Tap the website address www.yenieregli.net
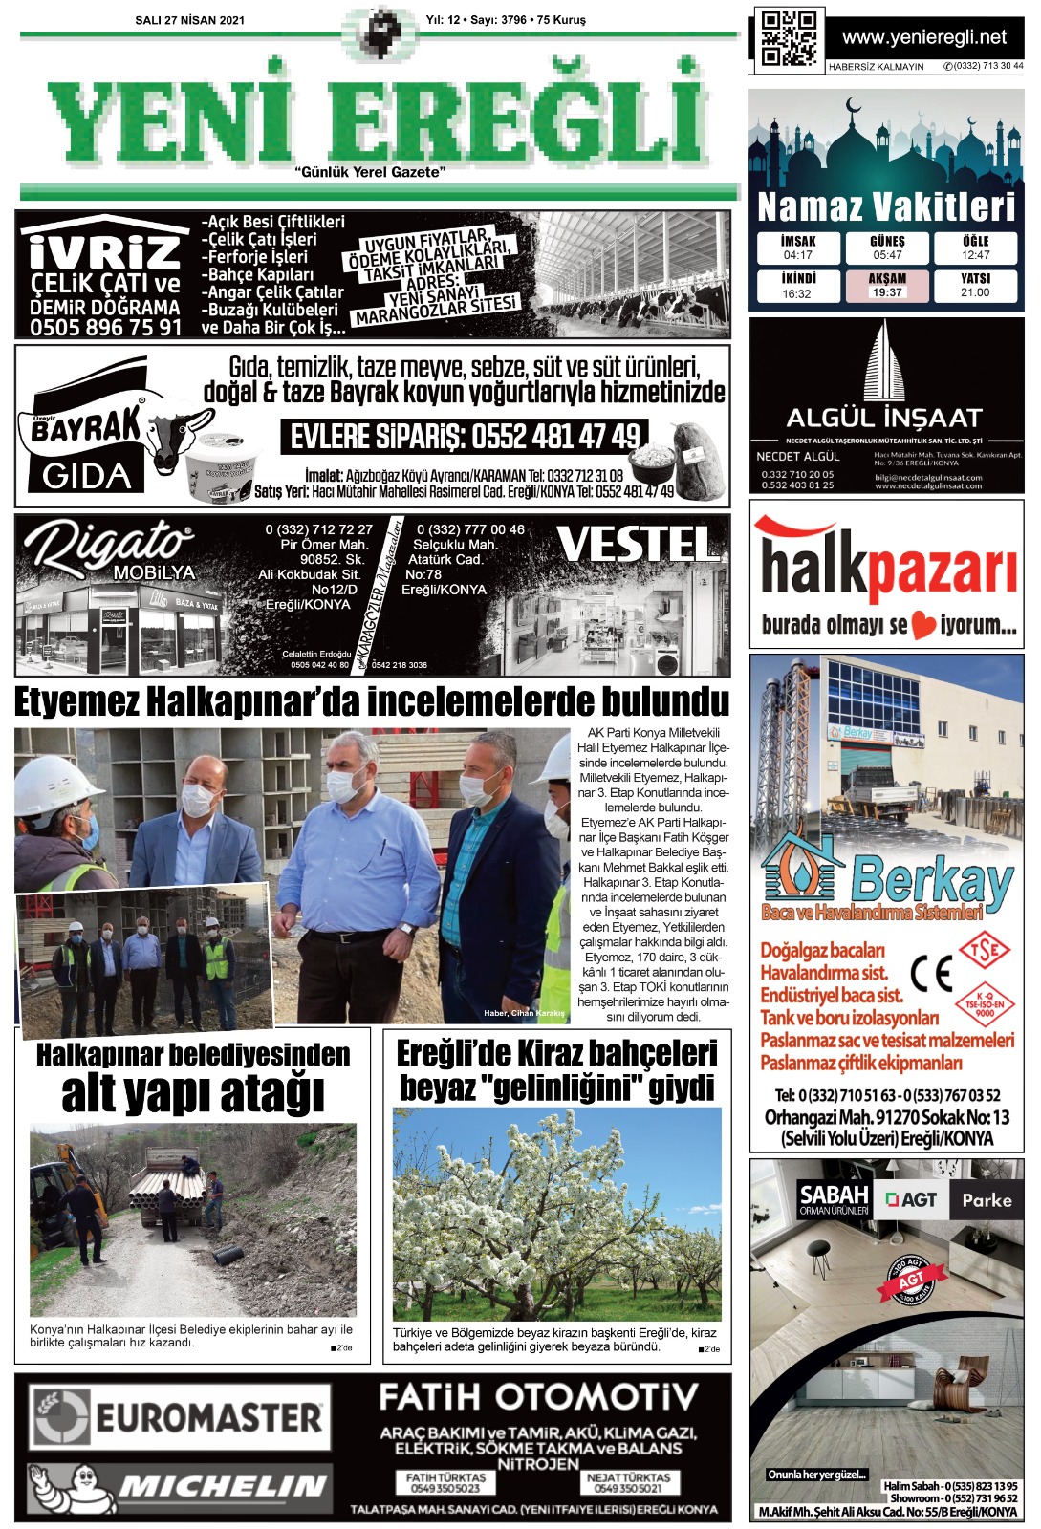pos(923,37)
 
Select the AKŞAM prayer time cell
pos(886,286)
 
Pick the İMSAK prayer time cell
pos(797,248)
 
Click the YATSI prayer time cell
pos(975,286)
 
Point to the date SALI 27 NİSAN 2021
pos(190,20)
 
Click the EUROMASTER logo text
pos(208,1417)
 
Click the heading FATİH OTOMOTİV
pos(538,1398)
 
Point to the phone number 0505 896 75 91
pos(105,328)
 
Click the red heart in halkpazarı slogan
pos(922,626)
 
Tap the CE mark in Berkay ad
pos(931,974)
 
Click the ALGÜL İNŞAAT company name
pos(884,418)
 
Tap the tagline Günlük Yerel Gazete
pos(371,172)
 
